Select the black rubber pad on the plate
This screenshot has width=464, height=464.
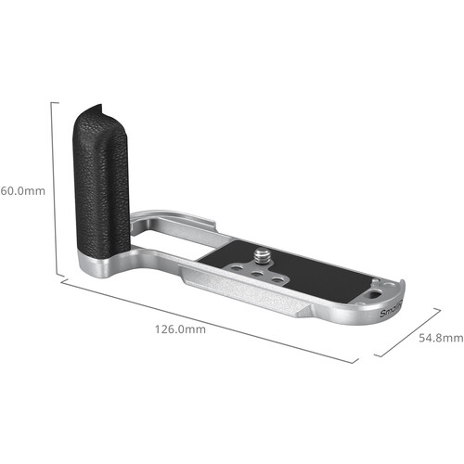306,278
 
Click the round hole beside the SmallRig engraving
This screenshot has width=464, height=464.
373,292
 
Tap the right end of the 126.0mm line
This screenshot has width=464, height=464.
356,362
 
